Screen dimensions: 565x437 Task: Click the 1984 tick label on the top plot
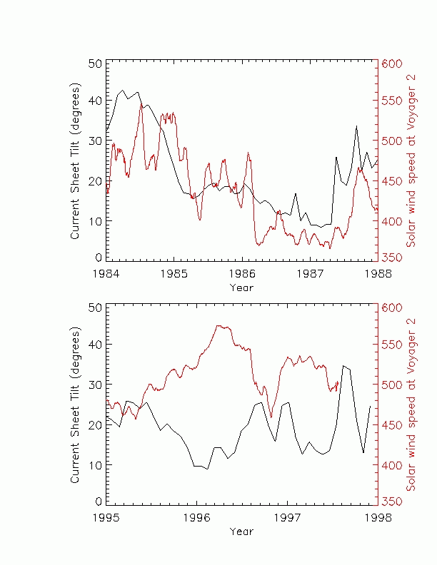[x=106, y=273]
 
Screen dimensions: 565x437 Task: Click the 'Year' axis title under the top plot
[x=241, y=287]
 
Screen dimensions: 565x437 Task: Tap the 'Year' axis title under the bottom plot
[x=241, y=531]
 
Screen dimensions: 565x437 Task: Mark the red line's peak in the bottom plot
[x=218, y=325]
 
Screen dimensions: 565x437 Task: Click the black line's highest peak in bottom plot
[x=343, y=365]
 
